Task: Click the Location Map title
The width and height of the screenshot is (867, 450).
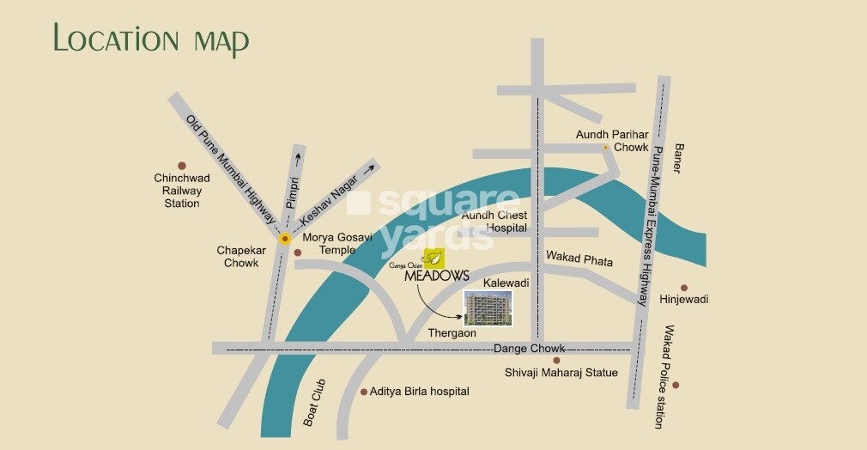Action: pos(151,40)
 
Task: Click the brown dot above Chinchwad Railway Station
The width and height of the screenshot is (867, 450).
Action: pos(181,166)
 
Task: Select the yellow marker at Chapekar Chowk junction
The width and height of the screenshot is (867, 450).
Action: pos(284,238)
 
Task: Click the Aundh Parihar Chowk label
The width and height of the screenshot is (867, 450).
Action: pos(612,141)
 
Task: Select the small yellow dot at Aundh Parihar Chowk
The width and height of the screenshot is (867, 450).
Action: pos(605,148)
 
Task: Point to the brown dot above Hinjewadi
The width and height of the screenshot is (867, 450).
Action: pos(684,288)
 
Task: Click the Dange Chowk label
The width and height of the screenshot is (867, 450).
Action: pos(529,348)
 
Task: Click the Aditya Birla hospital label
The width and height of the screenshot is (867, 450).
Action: pos(419,391)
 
